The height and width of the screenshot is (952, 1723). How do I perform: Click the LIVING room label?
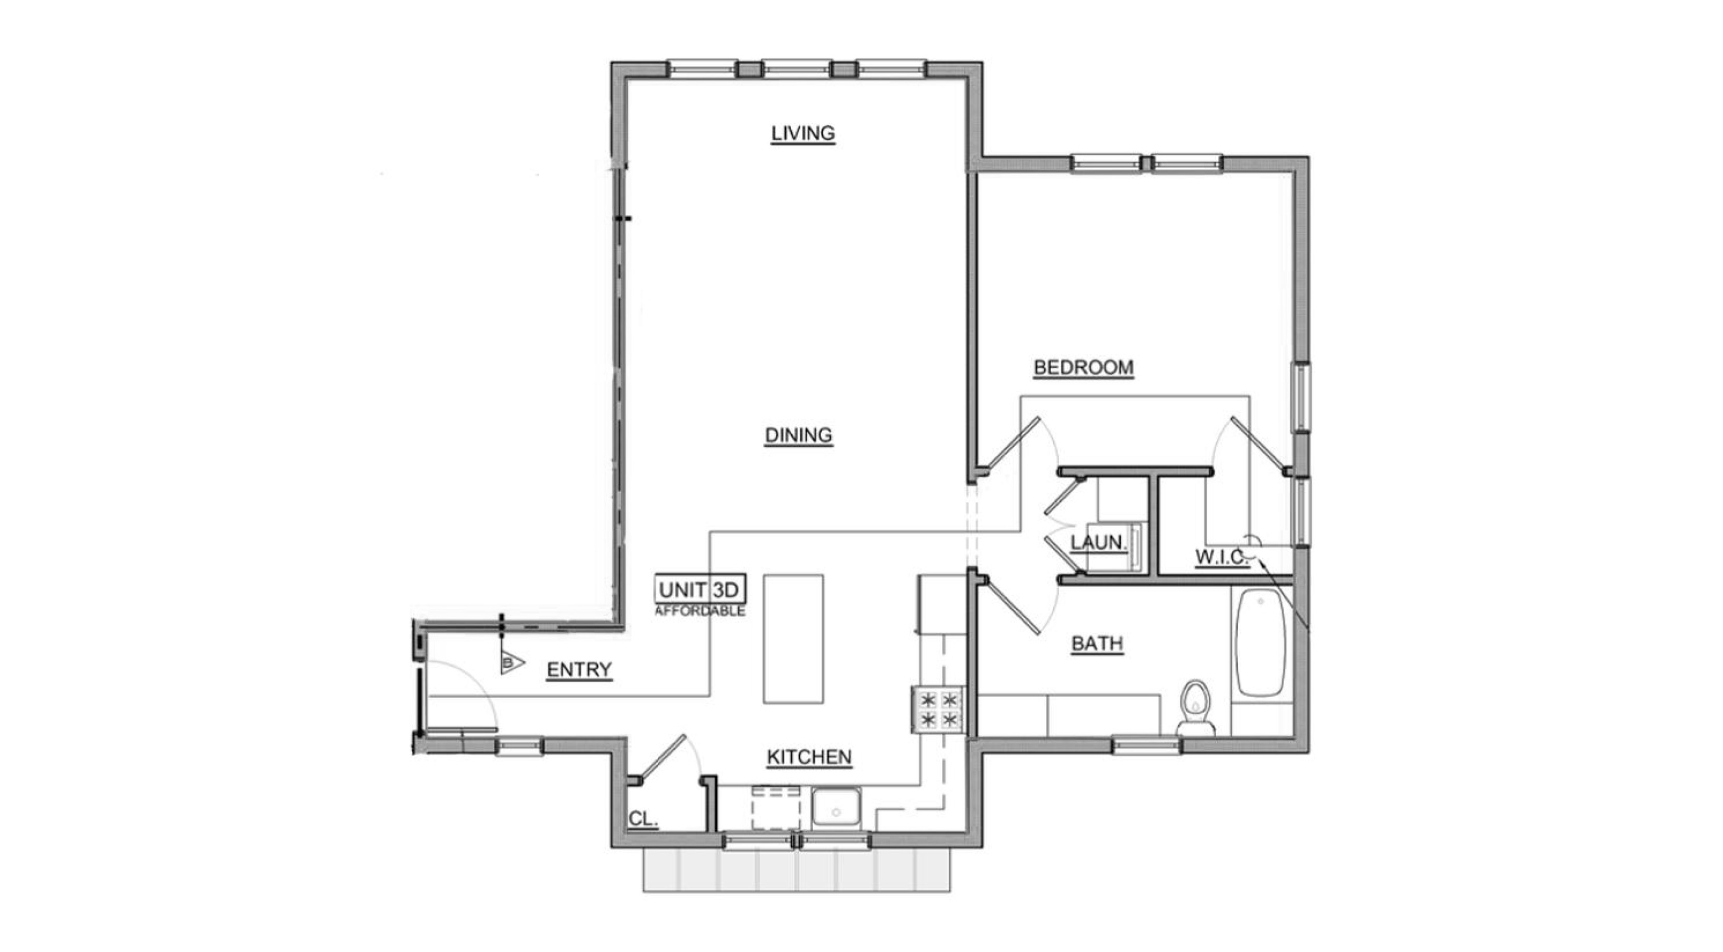coord(802,133)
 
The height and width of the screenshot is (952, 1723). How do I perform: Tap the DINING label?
coord(799,436)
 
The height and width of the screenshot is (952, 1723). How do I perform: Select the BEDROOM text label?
coord(1084,367)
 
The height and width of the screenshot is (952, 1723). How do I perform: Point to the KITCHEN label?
coord(809,757)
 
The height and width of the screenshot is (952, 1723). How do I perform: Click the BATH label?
coord(1097,644)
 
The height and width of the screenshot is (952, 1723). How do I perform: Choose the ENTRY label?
coord(579,670)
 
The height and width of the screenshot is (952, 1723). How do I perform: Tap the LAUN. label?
coord(1098,542)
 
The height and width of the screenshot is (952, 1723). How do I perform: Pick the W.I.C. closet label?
coord(1222,556)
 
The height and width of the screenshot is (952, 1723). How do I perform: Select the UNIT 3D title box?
coord(700,589)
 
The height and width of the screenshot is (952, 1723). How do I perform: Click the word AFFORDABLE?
coord(700,611)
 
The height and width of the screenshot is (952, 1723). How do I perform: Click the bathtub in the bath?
coord(1261,643)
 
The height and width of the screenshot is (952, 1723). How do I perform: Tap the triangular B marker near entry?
coord(511,663)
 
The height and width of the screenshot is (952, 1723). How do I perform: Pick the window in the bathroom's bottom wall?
coord(1146,745)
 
